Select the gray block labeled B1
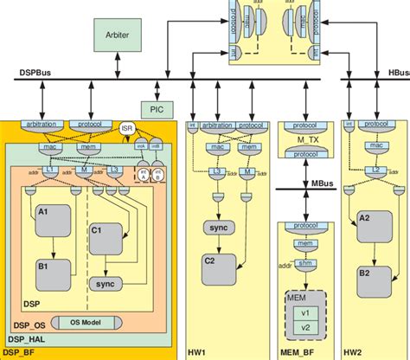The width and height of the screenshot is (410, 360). [x=54, y=274]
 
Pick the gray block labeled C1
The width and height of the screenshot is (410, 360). [x=107, y=241]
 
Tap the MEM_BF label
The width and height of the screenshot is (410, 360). [x=297, y=352]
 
